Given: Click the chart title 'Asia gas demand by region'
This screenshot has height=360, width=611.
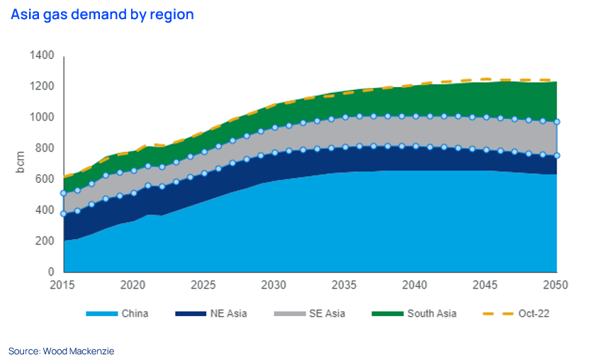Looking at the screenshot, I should [102, 14].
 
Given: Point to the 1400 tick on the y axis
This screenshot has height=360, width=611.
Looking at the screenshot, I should [42, 55].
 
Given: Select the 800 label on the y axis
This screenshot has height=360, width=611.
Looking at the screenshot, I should [45, 148].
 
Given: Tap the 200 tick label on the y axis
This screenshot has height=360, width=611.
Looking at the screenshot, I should [45, 241].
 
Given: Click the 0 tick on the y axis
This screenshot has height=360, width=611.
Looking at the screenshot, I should [52, 272].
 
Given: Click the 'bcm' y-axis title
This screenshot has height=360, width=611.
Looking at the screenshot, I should [21, 164].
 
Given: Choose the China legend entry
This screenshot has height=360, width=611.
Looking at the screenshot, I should [117, 313].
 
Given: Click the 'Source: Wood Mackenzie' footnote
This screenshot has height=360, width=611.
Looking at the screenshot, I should [60, 351].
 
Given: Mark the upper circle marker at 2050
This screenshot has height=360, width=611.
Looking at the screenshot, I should [556, 122].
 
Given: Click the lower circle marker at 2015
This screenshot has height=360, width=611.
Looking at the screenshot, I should [64, 213].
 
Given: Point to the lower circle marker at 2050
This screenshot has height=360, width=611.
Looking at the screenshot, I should [556, 155].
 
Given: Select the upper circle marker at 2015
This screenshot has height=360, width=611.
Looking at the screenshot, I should [64, 193].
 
